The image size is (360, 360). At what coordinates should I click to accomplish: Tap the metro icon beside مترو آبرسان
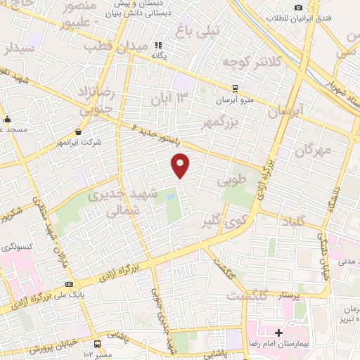pyautogui.click(x=235, y=89)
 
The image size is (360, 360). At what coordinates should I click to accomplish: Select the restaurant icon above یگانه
pyautogui.click(x=158, y=46)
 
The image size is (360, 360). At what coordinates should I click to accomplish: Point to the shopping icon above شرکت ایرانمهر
pyautogui.click(x=77, y=131)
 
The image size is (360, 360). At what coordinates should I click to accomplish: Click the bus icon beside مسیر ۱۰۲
pyautogui.click(x=98, y=344)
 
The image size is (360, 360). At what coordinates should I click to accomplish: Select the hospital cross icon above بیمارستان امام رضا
pyautogui.click(x=279, y=332)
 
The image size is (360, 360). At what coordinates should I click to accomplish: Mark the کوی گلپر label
pyautogui.click(x=222, y=220)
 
